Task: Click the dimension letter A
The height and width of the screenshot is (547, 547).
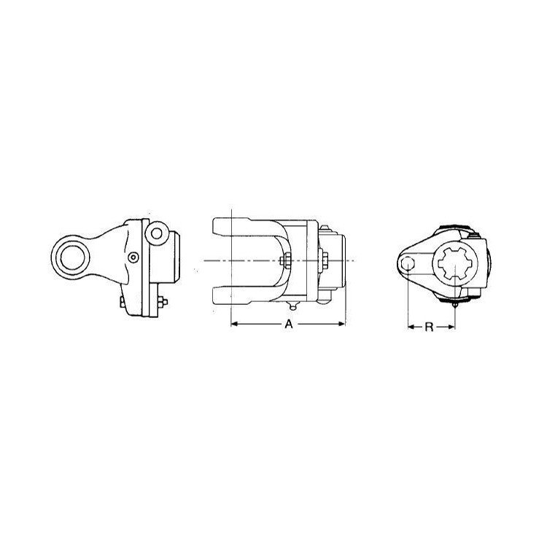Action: coord(289,324)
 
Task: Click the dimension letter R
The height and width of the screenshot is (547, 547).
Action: coord(429,327)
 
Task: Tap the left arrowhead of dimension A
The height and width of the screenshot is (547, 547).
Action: coord(234,324)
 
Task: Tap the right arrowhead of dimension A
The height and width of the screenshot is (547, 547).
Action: coord(341,324)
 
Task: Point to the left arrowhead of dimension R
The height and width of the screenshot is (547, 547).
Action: coord(411,327)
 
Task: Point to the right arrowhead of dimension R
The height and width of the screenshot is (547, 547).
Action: coord(452,327)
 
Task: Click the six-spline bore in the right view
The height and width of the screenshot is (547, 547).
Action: coord(455,265)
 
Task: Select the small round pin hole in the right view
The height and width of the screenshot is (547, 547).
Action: coord(408,263)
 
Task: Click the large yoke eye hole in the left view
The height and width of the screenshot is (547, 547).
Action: coord(73,257)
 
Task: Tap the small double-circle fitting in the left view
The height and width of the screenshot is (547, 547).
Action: coord(133,257)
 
